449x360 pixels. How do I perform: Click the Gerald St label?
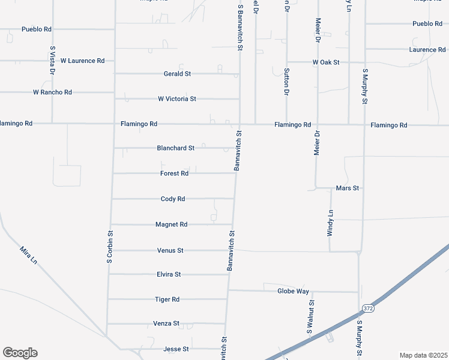click(177, 74)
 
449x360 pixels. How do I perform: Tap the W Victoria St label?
click(177, 98)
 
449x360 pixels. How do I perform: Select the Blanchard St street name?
click(175, 148)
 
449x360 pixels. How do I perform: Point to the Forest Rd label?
click(175, 173)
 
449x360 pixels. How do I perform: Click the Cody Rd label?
click(173, 199)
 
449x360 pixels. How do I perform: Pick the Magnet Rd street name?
click(172, 224)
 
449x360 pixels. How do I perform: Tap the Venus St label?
click(170, 250)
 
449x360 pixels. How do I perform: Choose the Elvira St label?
click(169, 274)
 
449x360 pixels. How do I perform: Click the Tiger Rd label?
click(167, 299)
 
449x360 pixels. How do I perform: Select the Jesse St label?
click(176, 349)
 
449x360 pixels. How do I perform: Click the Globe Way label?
click(293, 291)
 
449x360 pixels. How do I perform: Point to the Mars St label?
click(348, 188)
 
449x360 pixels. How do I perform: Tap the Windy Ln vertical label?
click(330, 223)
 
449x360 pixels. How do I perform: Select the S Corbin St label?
click(110, 247)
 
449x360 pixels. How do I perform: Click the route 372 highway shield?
click(367, 308)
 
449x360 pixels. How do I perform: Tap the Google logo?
click(20, 353)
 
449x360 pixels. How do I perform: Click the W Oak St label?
click(326, 62)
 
